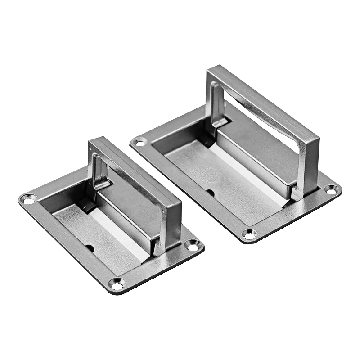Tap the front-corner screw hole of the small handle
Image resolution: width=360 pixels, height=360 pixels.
(x=117, y=284)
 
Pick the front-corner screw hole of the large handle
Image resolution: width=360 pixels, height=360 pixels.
(x=248, y=234)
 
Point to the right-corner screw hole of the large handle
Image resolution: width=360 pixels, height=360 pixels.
(x=332, y=190)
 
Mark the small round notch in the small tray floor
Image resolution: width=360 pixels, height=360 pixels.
(x=90, y=247)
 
